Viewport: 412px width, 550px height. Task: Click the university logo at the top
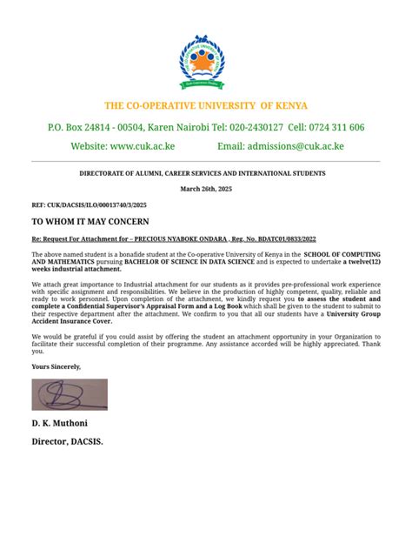[x=206, y=63]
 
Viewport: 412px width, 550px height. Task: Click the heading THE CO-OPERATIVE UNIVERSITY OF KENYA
[x=206, y=105]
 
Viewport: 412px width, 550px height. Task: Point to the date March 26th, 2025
[x=206, y=189]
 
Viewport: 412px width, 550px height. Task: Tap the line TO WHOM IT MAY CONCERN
[x=91, y=222]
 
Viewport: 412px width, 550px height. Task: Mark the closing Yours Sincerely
[x=56, y=366]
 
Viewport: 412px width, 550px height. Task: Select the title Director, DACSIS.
[x=67, y=441]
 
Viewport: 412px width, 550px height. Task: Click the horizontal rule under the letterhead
[x=206, y=161]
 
